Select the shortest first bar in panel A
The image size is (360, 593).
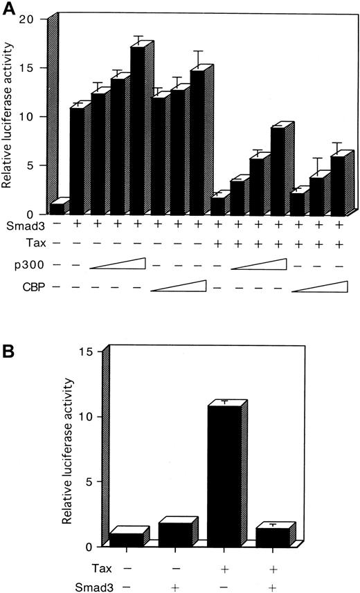point(56,208)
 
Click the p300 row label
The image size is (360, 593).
point(19,265)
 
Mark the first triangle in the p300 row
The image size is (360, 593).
point(116,264)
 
